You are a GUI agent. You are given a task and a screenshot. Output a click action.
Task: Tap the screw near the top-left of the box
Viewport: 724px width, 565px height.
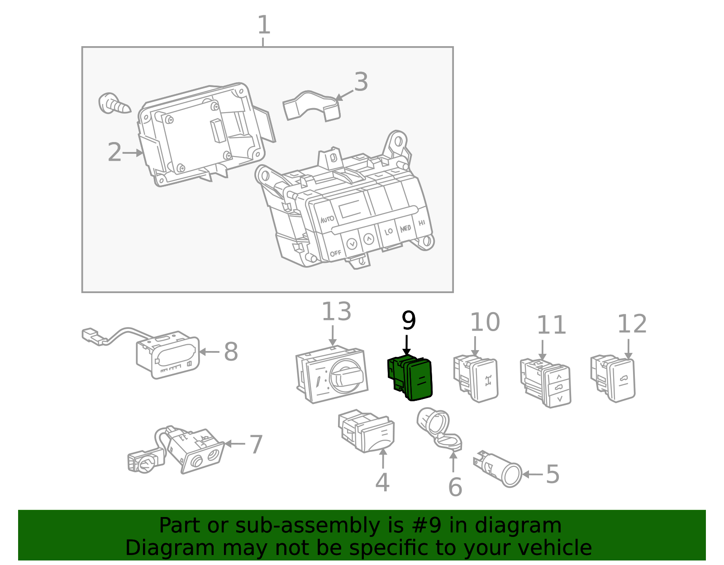pyautogui.click(x=113, y=104)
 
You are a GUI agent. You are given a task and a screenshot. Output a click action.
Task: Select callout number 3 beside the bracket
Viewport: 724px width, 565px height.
pyautogui.click(x=361, y=82)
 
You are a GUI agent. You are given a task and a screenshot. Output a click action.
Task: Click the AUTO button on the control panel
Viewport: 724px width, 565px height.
pyautogui.click(x=327, y=219)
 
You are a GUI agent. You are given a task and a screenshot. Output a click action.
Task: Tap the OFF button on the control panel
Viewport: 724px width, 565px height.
pyautogui.click(x=335, y=253)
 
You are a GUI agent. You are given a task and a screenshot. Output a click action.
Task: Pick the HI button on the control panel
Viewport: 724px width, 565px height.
pyautogui.click(x=422, y=223)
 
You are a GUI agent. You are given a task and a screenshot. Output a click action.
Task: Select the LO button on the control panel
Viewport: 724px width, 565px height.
pyautogui.click(x=388, y=231)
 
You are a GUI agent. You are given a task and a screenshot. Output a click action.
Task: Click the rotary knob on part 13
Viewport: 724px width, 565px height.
pyautogui.click(x=346, y=377)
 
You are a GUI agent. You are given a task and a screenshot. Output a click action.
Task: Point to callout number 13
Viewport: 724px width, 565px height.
pyautogui.click(x=336, y=312)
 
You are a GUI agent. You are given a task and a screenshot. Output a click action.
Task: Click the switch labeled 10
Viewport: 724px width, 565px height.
pyautogui.click(x=482, y=379)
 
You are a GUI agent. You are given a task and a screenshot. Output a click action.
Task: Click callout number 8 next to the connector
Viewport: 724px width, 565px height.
pyautogui.click(x=231, y=352)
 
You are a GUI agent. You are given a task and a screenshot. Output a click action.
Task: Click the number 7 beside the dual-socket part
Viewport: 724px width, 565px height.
pyautogui.click(x=256, y=445)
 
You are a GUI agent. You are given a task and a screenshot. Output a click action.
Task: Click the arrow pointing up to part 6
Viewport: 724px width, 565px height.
pyautogui.click(x=453, y=461)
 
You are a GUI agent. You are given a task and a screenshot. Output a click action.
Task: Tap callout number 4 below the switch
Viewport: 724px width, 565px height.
pyautogui.click(x=382, y=483)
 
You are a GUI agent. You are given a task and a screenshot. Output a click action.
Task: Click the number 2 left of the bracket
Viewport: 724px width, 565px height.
pyautogui.click(x=114, y=153)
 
